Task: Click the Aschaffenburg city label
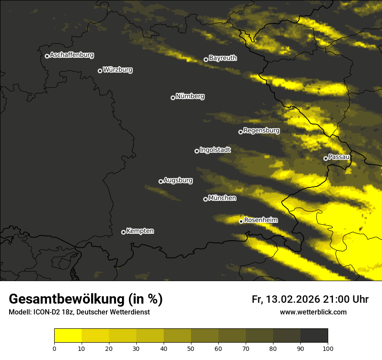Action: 72,55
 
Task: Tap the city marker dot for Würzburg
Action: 100,71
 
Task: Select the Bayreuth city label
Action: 223,58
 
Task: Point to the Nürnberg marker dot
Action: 173,98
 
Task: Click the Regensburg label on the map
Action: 261,130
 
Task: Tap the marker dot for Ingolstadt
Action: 197,151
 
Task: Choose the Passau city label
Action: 339,157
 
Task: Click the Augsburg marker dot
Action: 161,181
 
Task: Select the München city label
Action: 222,198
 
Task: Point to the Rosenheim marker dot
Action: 241,221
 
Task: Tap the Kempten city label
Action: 140,231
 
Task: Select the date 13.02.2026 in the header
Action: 293,299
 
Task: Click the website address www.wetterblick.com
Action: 313,312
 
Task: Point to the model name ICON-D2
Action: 46,312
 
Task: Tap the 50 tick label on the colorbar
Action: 191,348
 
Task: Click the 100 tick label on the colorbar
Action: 328,348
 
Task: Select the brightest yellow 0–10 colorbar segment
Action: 68,336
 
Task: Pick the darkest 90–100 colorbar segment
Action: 314,336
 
